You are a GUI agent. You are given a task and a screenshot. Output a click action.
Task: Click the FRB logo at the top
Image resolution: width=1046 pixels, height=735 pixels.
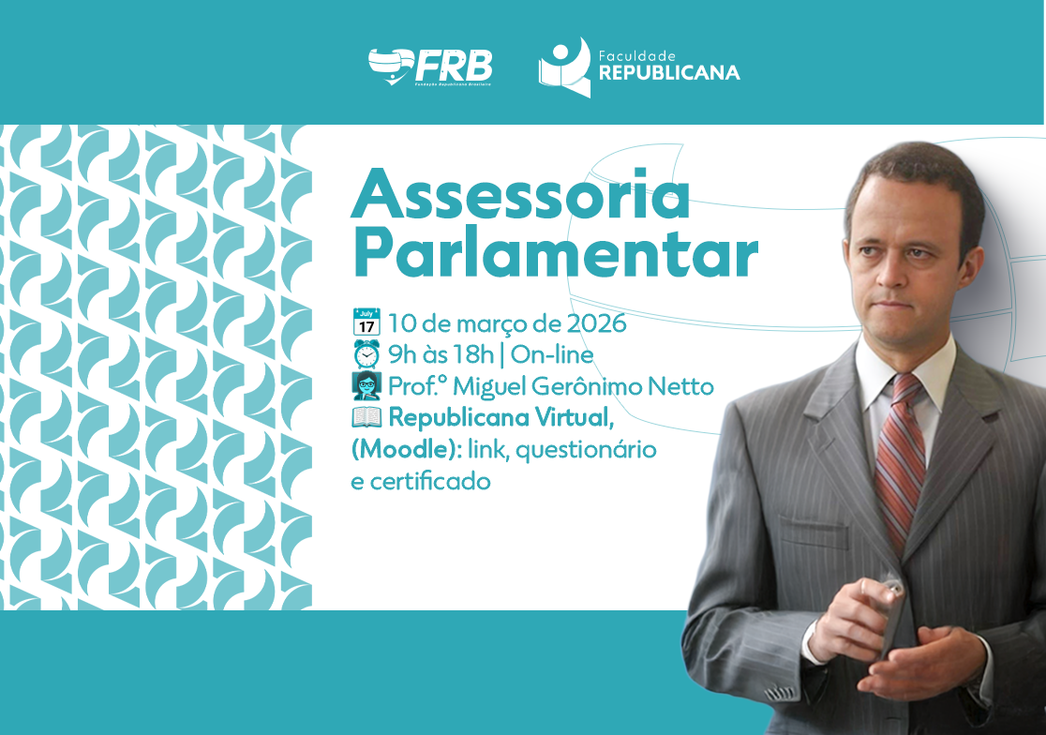point(430,67)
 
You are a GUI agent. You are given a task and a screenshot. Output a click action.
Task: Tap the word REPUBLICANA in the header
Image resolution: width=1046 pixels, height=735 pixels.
point(669,73)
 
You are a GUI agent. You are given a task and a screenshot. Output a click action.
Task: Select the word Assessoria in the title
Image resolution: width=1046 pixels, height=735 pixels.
point(521,196)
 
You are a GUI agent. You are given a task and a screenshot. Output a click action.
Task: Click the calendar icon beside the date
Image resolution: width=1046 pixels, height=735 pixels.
point(366,322)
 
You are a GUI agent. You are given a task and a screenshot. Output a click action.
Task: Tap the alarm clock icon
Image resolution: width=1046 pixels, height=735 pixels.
point(366,354)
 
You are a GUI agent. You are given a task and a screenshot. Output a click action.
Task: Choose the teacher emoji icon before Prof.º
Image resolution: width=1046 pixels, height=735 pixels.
point(366,386)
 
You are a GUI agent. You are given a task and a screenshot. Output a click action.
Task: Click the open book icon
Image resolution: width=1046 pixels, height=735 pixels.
point(366,418)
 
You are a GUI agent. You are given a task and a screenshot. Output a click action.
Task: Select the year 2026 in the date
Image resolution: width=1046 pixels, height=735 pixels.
point(597,322)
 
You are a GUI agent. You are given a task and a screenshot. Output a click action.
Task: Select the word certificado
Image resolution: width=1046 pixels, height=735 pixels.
point(430,482)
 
